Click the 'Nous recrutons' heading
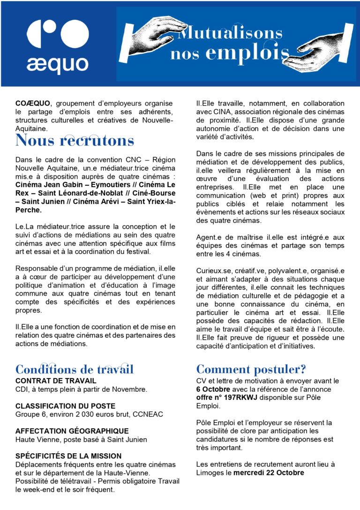tap(75, 140)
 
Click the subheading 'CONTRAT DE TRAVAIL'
tap(56, 381)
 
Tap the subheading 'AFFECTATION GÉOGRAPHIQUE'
tap(72, 431)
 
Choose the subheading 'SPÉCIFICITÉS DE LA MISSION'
tap(68, 456)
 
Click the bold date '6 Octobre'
tap(212, 389)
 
